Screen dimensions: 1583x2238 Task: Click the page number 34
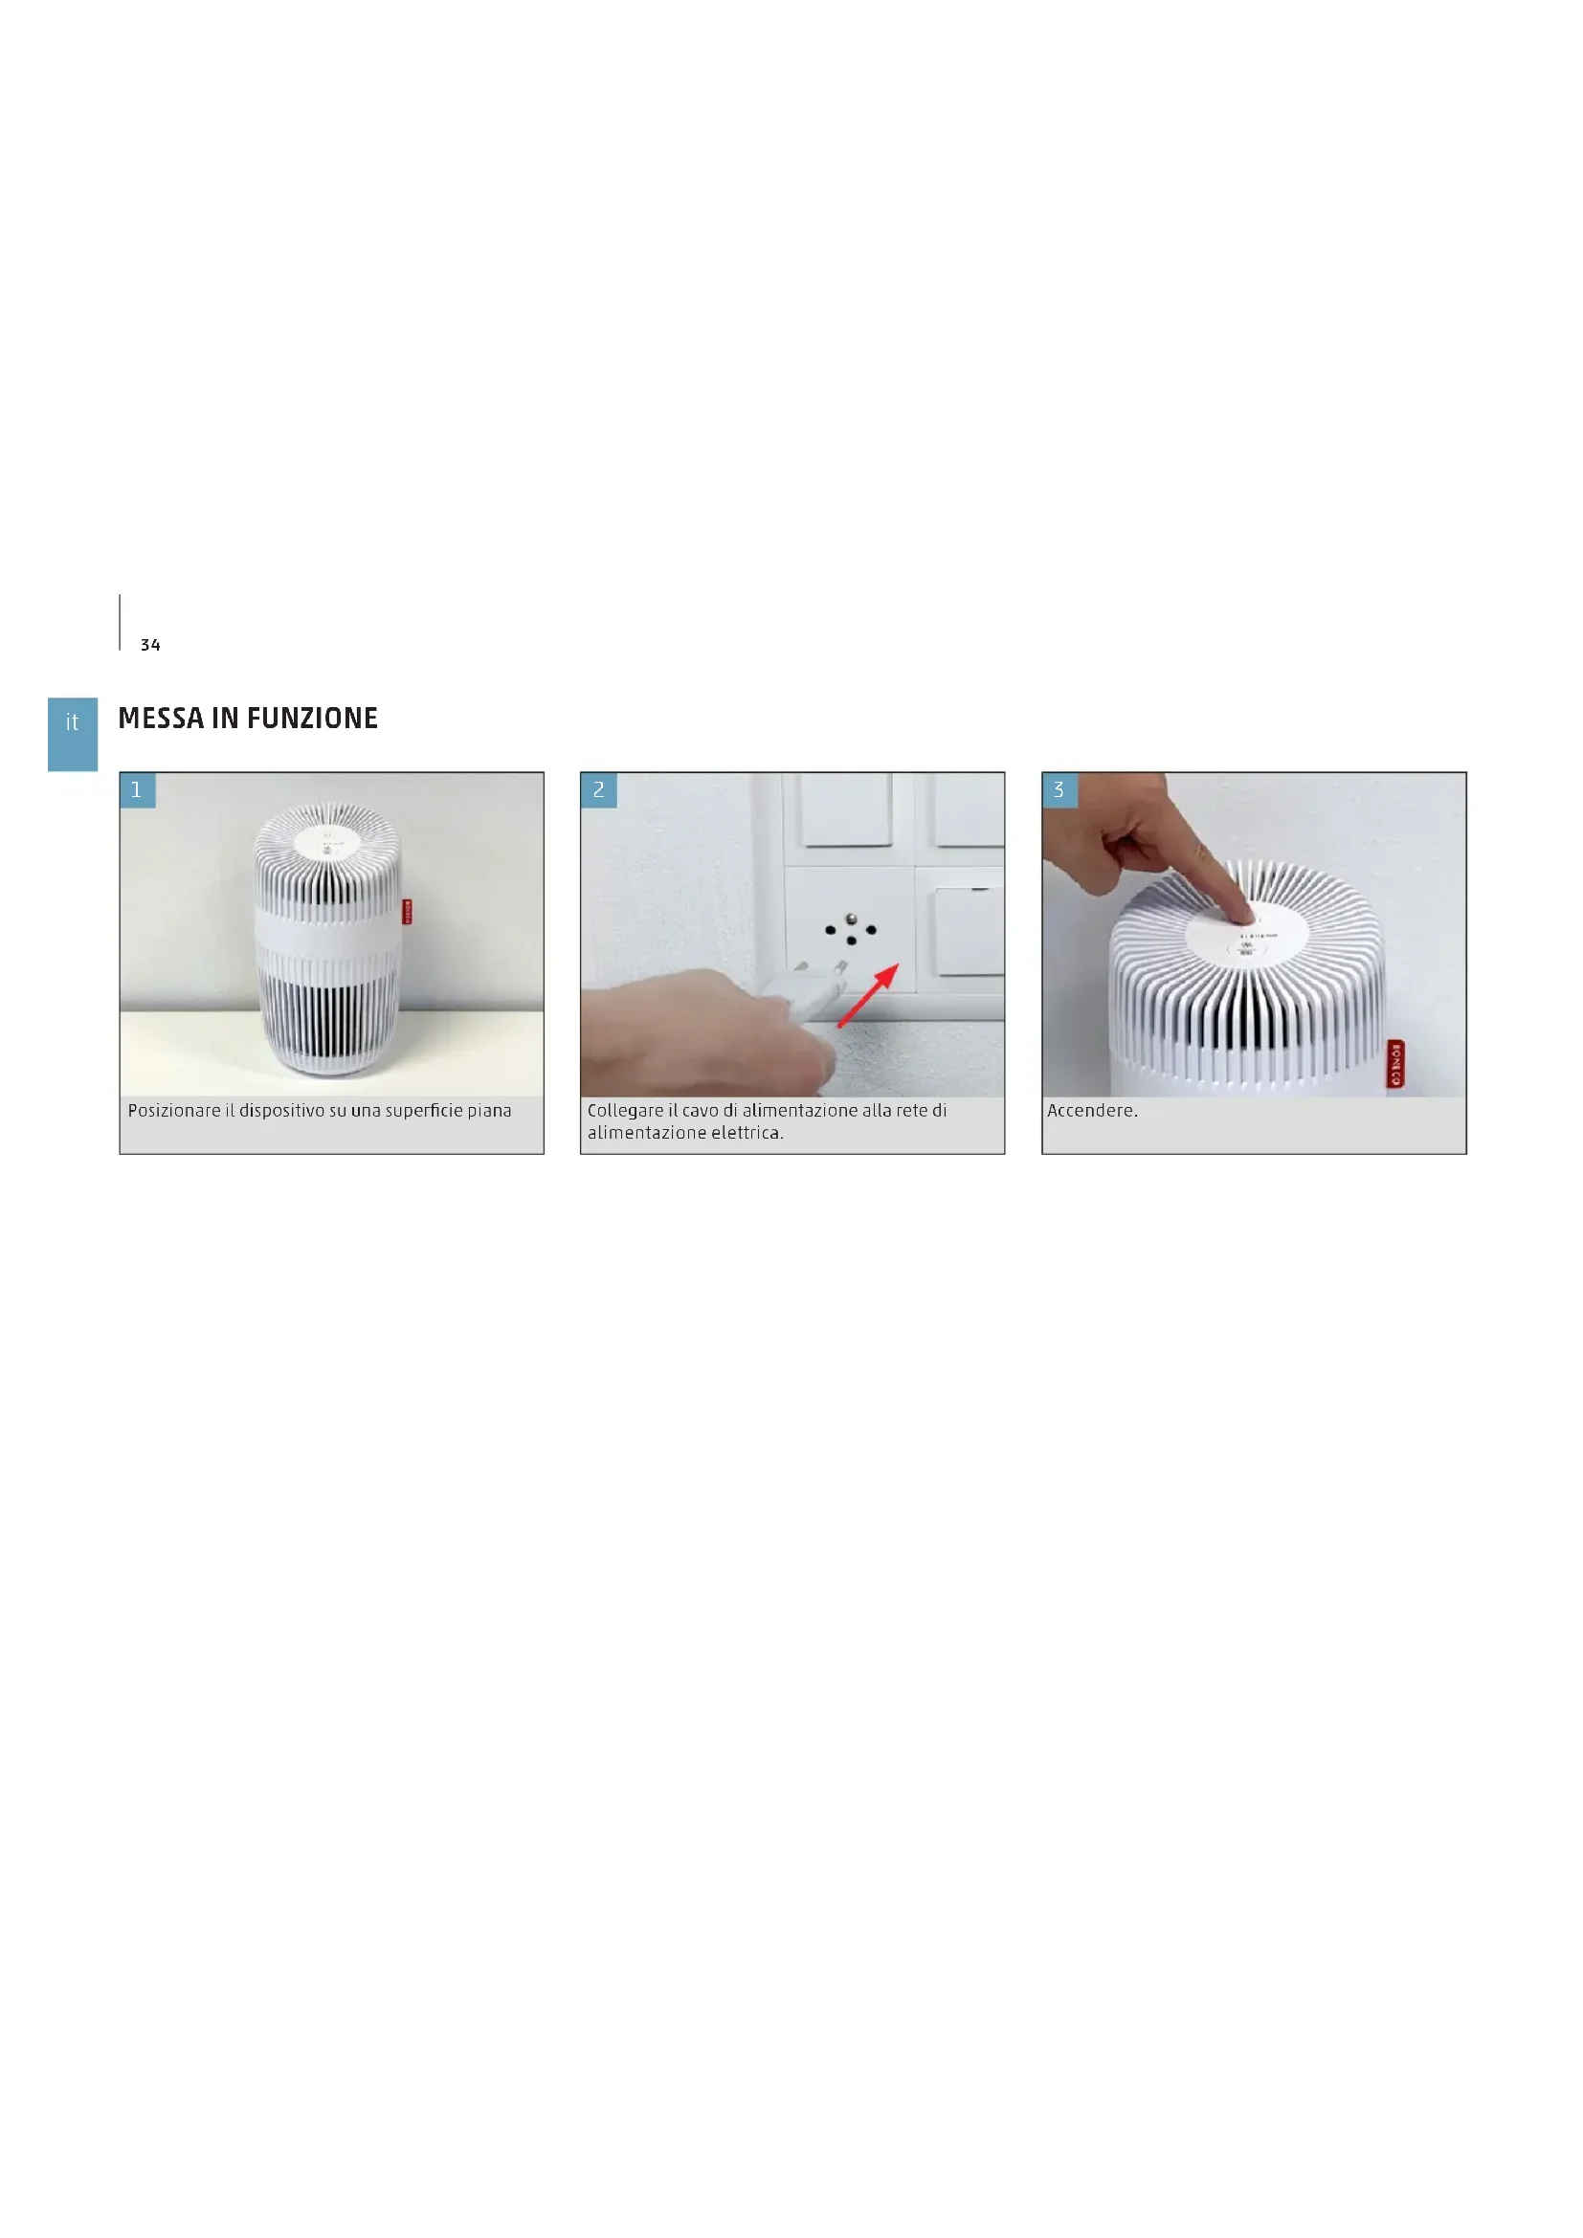coord(150,645)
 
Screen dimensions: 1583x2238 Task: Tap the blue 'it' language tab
coord(72,734)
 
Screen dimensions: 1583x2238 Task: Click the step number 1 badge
coord(138,790)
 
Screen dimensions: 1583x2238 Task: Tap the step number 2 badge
coord(598,790)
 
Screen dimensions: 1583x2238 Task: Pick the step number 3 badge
coord(1059,790)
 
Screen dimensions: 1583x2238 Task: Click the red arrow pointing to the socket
coord(868,995)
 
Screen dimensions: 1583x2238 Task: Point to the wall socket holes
coord(851,930)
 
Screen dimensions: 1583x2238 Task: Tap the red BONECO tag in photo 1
coord(408,912)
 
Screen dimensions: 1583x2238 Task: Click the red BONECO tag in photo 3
coord(1395,1063)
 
